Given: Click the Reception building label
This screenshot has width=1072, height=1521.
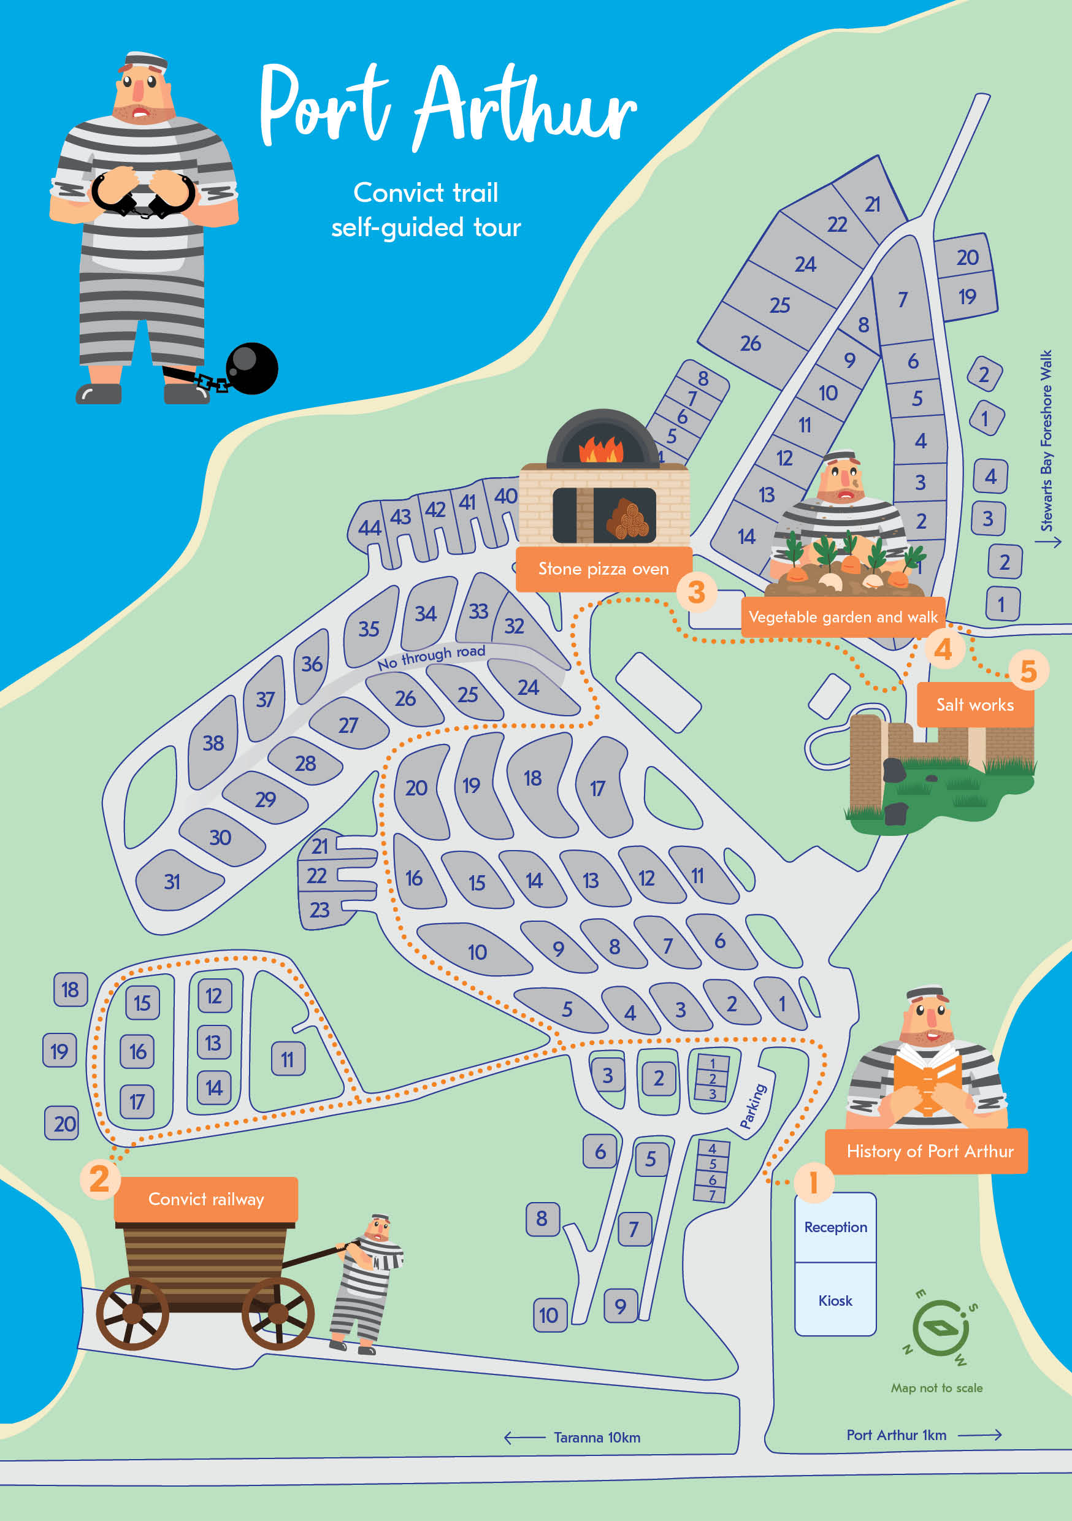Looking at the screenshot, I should [835, 1227].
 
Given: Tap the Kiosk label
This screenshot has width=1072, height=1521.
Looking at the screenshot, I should [835, 1300].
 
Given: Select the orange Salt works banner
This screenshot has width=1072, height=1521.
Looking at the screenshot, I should [974, 705].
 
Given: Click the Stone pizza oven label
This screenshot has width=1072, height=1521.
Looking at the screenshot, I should [603, 569].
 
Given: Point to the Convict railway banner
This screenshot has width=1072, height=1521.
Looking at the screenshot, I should [206, 1199].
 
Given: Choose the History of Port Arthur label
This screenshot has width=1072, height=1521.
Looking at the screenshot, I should [930, 1151].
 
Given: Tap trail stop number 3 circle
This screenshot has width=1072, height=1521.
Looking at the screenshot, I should [695, 592].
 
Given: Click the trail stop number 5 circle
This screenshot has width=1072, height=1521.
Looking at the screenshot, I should [1028, 670].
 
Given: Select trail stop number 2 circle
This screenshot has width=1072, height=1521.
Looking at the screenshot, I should [99, 1179].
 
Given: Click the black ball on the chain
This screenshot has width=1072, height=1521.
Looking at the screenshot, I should [252, 369].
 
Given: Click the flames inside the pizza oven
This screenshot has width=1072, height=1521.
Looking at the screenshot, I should [601, 450].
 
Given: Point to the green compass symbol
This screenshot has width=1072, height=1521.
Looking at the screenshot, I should [940, 1328].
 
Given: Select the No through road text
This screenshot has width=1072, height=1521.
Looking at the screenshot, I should [431, 656].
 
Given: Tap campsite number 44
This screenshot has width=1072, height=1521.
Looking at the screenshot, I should [369, 527].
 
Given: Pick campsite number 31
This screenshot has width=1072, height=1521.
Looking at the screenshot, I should [172, 882].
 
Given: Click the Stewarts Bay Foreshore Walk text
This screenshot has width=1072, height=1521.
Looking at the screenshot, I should [1046, 440].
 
